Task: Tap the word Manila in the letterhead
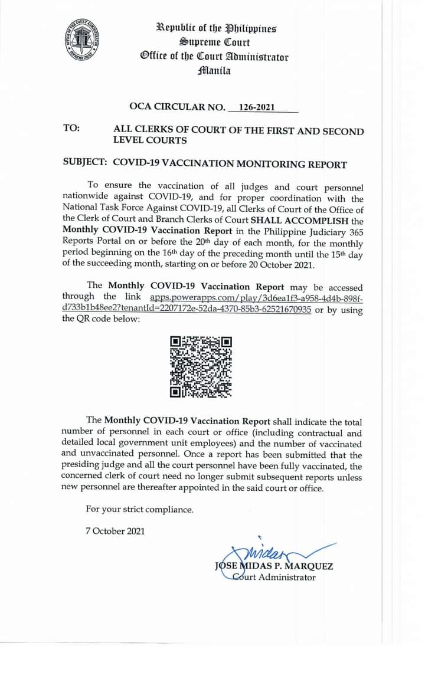[x=214, y=71]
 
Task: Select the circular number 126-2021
[x=257, y=107]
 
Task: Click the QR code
[x=201, y=366]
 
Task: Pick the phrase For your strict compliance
[x=139, y=509]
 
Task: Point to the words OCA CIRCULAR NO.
[x=177, y=107]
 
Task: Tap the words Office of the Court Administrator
[x=214, y=57]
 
